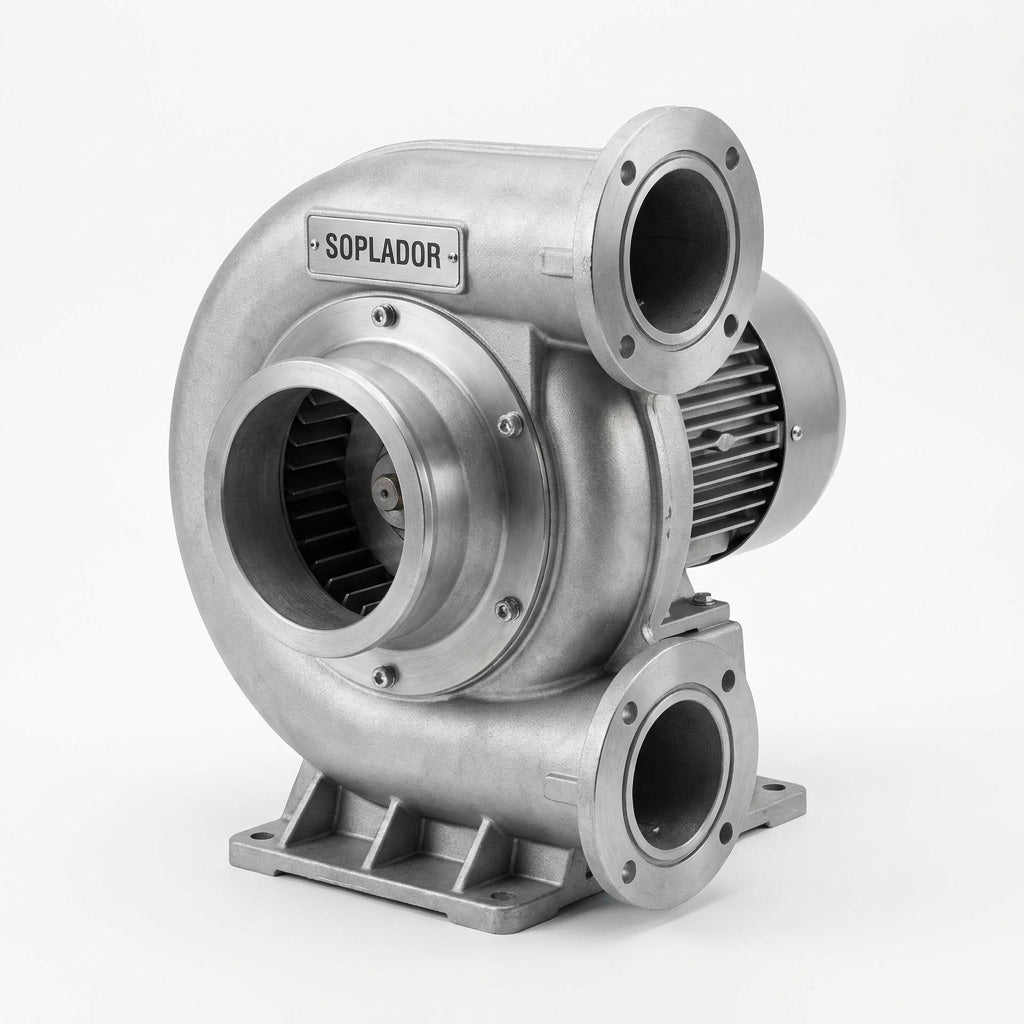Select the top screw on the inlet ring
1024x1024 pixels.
pyautogui.click(x=384, y=315)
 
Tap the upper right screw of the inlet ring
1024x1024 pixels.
pyautogui.click(x=509, y=425)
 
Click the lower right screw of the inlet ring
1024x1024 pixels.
pyautogui.click(x=507, y=609)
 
